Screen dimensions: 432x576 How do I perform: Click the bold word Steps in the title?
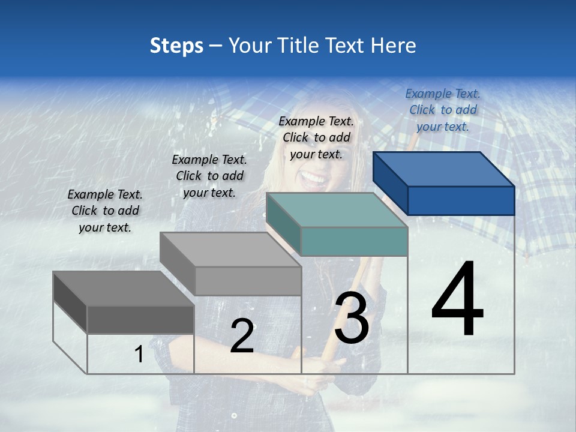pos(176,46)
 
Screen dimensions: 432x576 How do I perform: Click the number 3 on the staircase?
pos(352,318)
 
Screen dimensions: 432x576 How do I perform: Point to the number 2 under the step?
pos(242,336)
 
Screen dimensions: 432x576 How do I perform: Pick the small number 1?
pos(139,355)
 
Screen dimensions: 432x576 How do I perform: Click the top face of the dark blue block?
pos(443,169)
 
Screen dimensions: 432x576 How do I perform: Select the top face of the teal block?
pos(336,210)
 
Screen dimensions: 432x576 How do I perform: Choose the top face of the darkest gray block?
pos(123,289)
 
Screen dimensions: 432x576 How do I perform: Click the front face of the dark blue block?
pos(461,200)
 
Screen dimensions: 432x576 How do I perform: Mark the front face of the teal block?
pos(354,241)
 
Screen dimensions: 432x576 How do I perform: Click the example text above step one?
pos(105,211)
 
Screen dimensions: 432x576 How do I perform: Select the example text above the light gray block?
pos(209,176)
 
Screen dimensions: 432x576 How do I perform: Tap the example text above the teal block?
pos(316,137)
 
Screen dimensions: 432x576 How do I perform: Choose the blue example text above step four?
pos(443,110)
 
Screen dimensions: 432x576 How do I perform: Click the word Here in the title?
pos(394,46)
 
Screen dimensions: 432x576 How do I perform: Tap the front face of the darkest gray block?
pos(140,319)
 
